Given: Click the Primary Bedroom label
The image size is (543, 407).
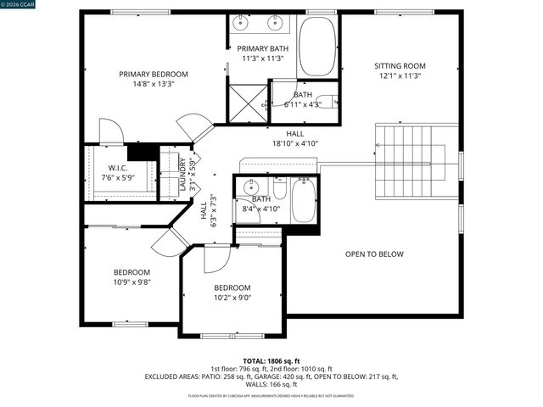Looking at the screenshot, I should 154,74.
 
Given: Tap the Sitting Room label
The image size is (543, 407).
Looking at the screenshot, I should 400,65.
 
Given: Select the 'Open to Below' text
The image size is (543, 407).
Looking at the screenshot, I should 374,254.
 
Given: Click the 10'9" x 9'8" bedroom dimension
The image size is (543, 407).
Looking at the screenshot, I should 132,283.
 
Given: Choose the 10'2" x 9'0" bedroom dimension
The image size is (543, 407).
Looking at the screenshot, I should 232,298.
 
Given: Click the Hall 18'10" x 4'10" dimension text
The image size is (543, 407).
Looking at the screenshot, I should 295,144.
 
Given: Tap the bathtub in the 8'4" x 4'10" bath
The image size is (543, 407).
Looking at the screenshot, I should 303,200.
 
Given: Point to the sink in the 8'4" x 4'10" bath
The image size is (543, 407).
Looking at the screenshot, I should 251,188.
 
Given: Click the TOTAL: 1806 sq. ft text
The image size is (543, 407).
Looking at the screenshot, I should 271,360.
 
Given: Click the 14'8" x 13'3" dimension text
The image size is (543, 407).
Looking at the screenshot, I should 154,84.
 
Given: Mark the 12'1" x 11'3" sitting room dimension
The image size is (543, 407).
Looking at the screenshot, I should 400,75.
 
